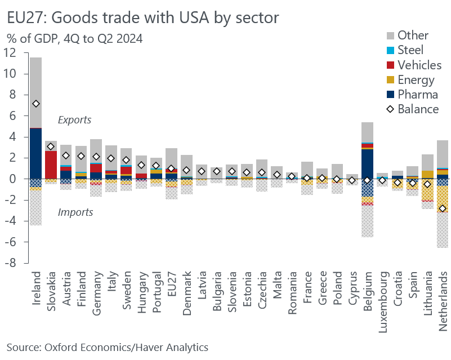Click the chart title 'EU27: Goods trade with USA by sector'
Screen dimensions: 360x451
(143, 18)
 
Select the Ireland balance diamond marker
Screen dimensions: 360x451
(36, 104)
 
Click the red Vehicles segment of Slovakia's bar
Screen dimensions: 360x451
(51, 165)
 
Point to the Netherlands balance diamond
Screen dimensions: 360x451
(443, 208)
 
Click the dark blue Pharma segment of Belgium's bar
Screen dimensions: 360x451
(367, 164)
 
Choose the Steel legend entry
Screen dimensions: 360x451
(402, 50)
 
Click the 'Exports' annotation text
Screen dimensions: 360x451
(75, 120)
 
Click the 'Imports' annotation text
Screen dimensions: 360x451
(75, 212)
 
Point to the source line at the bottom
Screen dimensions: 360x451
(107, 347)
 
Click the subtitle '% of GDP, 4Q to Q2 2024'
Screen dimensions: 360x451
(74, 39)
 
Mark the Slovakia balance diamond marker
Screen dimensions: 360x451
(51, 146)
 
